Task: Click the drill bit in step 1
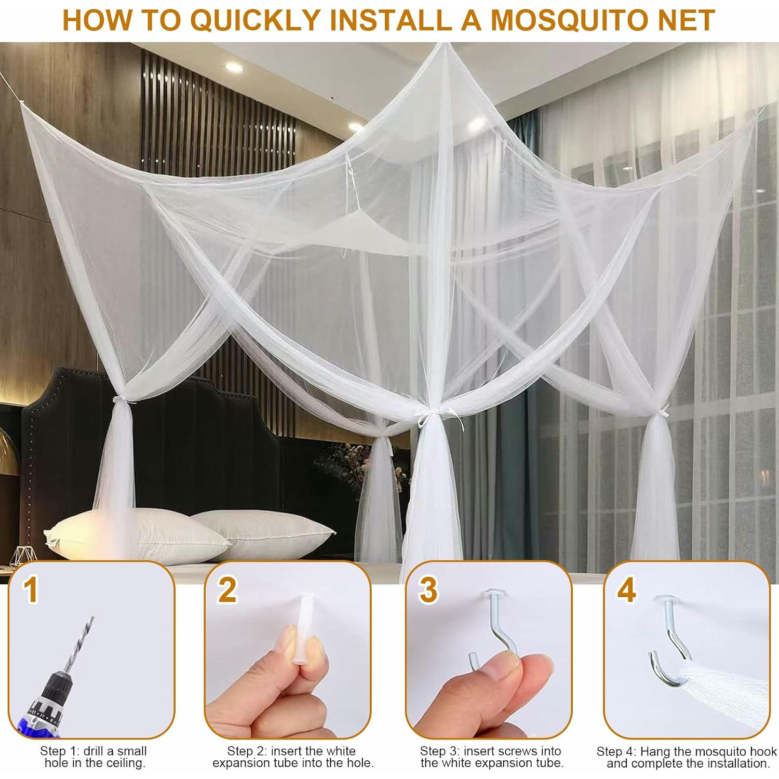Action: (78, 644)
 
